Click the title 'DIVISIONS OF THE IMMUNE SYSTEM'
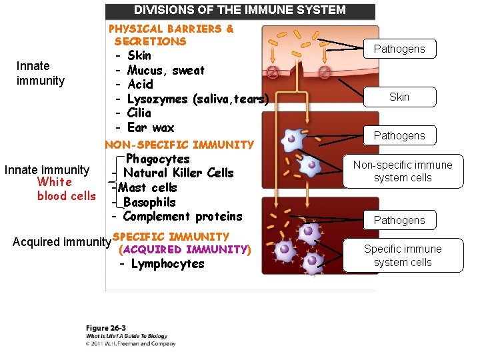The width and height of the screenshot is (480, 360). [x=240, y=11]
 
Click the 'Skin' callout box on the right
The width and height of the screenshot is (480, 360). [x=399, y=97]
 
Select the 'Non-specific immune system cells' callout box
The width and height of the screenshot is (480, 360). [x=402, y=171]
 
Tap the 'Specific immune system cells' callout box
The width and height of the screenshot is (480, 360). [x=402, y=255]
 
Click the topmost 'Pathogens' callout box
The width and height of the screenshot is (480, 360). [x=399, y=49]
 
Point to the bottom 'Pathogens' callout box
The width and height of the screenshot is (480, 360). [x=399, y=220]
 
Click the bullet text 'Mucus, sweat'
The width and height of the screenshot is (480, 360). [x=166, y=70]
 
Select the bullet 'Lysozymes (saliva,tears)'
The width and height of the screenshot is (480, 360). [x=197, y=99]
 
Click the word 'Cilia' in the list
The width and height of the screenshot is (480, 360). [x=139, y=113]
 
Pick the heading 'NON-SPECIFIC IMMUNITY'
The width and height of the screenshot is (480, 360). [x=179, y=144]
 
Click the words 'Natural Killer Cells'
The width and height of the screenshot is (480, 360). [x=179, y=173]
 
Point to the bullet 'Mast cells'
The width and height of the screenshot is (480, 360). [x=147, y=187]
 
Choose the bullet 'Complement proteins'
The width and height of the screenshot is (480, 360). [x=183, y=216]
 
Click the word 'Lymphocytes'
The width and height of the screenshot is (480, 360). [x=167, y=263]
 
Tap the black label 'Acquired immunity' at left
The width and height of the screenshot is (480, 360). [x=61, y=241]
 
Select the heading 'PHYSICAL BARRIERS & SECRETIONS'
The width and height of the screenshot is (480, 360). [x=171, y=35]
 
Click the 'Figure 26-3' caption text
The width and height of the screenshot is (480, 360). [x=107, y=329]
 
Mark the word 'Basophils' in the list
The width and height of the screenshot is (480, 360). [x=149, y=202]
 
